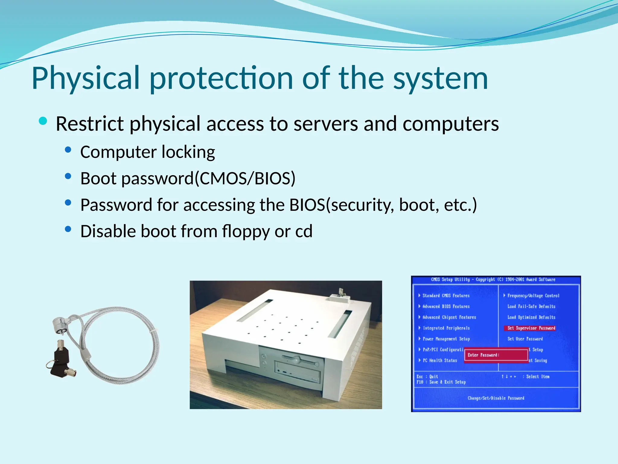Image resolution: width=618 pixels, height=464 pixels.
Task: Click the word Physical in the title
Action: tap(86, 78)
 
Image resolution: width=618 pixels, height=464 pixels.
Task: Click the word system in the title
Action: tap(440, 78)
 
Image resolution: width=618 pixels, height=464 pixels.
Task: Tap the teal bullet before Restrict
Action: tap(43, 121)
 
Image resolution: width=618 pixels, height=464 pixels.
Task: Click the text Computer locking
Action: tap(148, 152)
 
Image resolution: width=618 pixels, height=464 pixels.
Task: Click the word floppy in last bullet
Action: tap(246, 231)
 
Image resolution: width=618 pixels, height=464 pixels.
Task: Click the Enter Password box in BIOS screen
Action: tap(496, 355)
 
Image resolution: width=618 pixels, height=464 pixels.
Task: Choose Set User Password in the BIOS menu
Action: tap(525, 339)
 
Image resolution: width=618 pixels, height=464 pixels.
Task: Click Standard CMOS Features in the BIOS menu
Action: tap(446, 296)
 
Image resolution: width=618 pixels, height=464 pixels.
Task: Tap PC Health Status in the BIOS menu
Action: tap(440, 360)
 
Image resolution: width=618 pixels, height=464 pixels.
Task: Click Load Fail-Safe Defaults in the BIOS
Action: tap(531, 306)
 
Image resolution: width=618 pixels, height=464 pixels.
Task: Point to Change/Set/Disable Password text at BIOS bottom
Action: tap(496, 398)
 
